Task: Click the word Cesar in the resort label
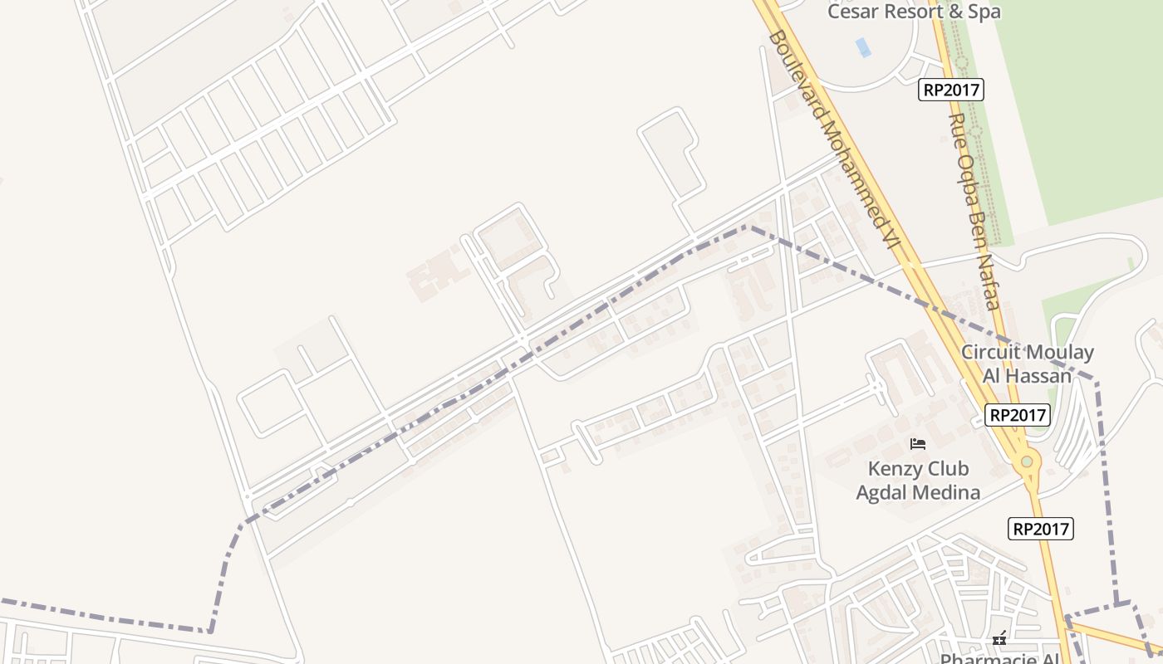coord(856,12)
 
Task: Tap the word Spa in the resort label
coord(982,12)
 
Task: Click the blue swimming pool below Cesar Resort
coord(864,46)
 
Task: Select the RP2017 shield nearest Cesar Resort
coord(950,90)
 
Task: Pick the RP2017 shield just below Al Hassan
coord(1018,415)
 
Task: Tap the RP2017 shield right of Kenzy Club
coord(1041,529)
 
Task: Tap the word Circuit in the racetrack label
coord(991,352)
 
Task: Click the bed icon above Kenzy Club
coord(917,444)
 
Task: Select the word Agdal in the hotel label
coord(883,492)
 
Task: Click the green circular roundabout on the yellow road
coord(1028,461)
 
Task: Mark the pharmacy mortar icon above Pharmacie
coord(1000,638)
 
